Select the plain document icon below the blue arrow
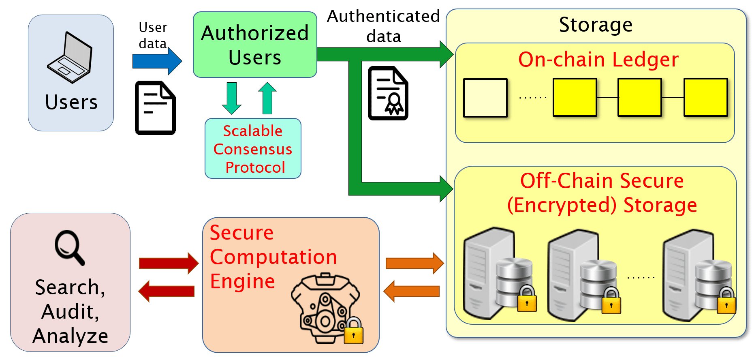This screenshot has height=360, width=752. [x=155, y=108]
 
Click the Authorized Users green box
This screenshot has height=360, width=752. [x=255, y=45]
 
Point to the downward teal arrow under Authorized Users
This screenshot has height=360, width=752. [x=232, y=98]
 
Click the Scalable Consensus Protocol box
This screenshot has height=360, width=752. [x=253, y=149]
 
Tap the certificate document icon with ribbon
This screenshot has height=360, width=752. [x=388, y=94]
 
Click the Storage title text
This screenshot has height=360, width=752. [x=595, y=25]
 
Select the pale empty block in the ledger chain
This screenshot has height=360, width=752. [x=485, y=98]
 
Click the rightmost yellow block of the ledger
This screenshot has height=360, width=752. [x=705, y=98]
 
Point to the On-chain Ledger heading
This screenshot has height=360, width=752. [x=598, y=60]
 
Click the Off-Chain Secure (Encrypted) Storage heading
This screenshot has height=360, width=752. [x=602, y=193]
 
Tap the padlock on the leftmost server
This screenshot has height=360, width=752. [x=527, y=299]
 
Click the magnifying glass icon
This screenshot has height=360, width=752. [x=70, y=247]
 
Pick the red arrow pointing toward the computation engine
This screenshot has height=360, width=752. [x=169, y=263]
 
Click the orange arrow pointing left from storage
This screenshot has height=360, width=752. [x=412, y=291]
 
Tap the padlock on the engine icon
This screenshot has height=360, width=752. [x=353, y=331]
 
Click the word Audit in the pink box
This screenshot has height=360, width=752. [x=70, y=311]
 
